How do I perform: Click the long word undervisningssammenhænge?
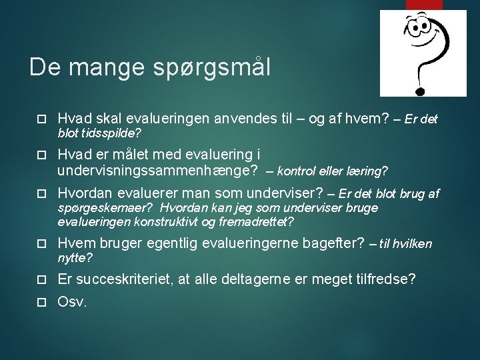point(157,171)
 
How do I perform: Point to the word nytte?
point(73,257)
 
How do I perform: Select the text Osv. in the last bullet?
point(72,301)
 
